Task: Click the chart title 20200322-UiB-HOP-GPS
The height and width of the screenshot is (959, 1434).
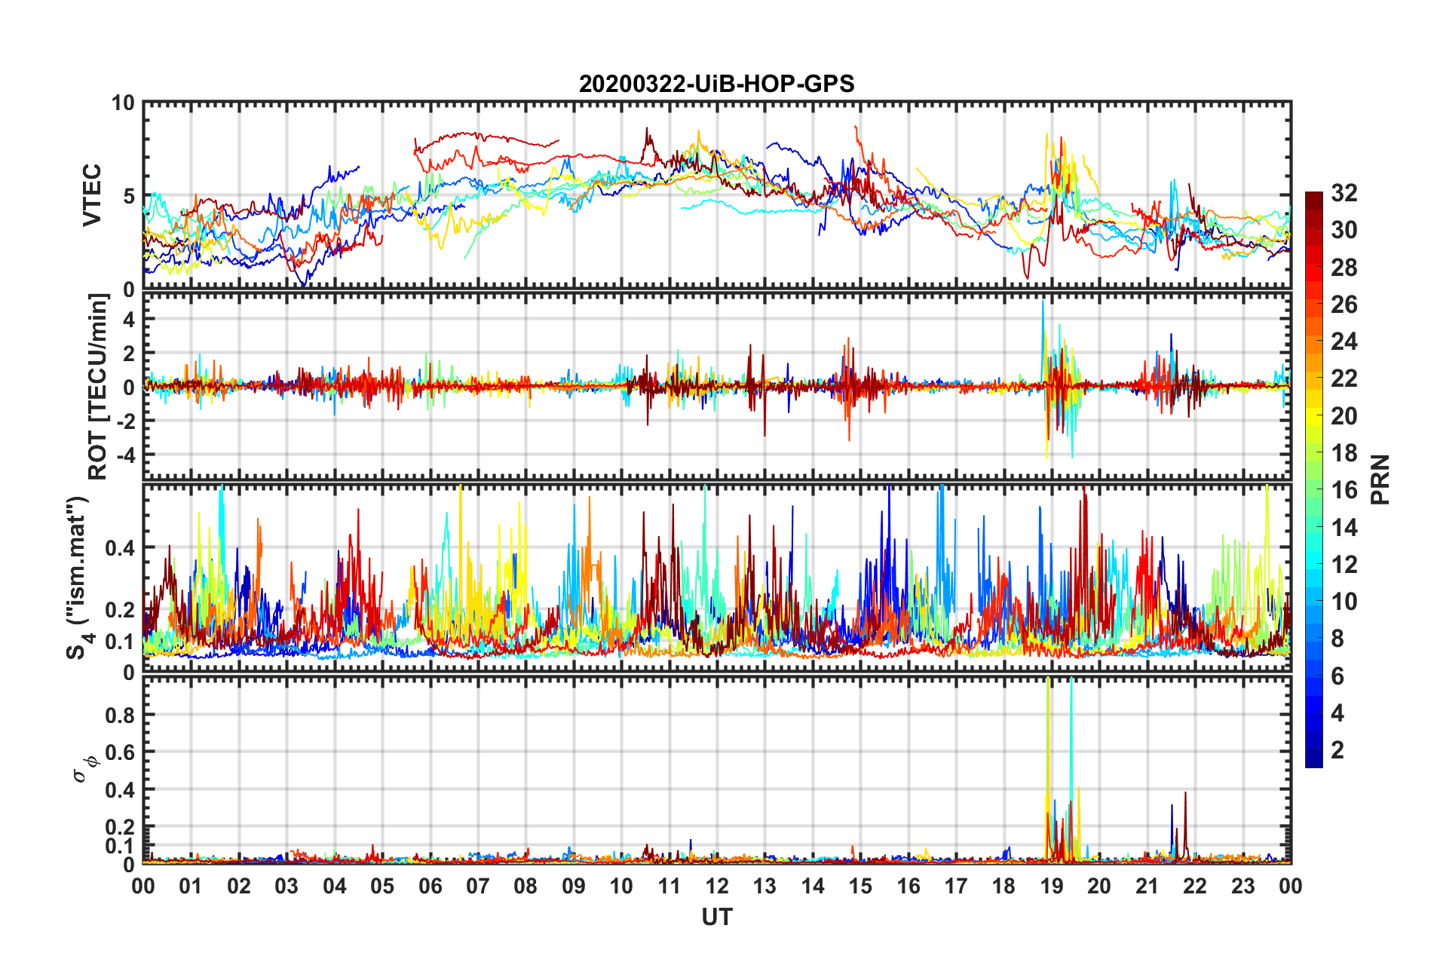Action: tap(716, 84)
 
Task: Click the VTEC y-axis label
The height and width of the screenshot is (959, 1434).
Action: tap(92, 195)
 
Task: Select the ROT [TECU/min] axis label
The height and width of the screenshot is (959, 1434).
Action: tap(98, 386)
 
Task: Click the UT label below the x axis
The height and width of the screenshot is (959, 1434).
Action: tap(716, 917)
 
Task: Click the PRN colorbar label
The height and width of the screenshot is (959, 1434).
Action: tap(1380, 479)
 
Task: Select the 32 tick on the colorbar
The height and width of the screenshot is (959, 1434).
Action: tap(1344, 193)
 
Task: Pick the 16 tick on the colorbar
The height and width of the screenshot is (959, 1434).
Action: tap(1344, 490)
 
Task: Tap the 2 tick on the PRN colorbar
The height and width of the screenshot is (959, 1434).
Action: tap(1337, 749)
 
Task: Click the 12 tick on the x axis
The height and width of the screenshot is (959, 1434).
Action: tap(717, 886)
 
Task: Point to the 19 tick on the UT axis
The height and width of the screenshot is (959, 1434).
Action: tap(1052, 886)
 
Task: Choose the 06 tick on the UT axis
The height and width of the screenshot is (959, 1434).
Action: tap(431, 886)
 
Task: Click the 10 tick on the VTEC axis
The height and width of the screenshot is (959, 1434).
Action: tap(123, 103)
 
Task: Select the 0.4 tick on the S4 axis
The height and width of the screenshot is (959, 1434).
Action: tap(120, 548)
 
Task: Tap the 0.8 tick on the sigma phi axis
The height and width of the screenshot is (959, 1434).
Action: tap(120, 715)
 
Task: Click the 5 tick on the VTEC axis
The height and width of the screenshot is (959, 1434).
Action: tap(128, 196)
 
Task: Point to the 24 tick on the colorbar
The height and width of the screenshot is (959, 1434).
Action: tap(1344, 342)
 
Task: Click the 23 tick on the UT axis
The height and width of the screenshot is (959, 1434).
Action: tap(1243, 886)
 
